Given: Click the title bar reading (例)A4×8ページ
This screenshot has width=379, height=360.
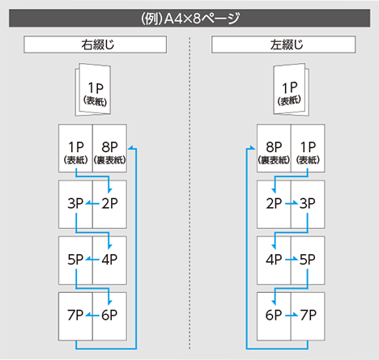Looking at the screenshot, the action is tap(189, 18).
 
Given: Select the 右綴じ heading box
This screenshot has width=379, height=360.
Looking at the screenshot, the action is tap(95, 44).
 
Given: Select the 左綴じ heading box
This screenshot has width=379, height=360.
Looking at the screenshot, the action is tap(283, 44).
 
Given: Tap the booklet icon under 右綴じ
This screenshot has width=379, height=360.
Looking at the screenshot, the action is tap(93, 90).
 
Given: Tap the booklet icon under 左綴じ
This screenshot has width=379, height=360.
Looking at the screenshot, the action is tap(292, 90).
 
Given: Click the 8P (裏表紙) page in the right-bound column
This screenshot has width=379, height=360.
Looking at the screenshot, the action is tap(109, 148).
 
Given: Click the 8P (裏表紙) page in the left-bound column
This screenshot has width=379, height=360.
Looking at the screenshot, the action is tap(274, 148).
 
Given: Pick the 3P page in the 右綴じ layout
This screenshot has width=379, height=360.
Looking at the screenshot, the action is tap(75, 205).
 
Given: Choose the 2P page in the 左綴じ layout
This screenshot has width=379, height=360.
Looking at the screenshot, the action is tap(274, 205).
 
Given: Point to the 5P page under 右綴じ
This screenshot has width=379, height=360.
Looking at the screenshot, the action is tap(75, 260).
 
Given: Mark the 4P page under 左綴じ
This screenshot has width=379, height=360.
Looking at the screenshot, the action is tap(274, 260).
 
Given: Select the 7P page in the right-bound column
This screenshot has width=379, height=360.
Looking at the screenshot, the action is tap(75, 316).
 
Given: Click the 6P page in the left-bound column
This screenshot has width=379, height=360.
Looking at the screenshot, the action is tap(274, 316).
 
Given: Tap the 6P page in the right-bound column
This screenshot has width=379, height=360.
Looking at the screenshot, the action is tap(109, 316).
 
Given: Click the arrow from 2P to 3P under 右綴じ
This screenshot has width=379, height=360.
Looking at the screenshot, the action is tap(92, 203).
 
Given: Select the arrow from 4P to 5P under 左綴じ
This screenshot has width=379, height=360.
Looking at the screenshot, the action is tap(292, 260).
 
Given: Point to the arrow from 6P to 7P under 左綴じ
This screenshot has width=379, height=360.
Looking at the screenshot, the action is tap(292, 315).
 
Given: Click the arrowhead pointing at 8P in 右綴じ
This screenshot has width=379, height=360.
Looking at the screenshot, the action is tap(130, 147).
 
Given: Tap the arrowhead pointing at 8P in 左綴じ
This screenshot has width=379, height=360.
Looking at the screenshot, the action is tap(253, 147).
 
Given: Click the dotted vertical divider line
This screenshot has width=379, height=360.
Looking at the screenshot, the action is tap(189, 193).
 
